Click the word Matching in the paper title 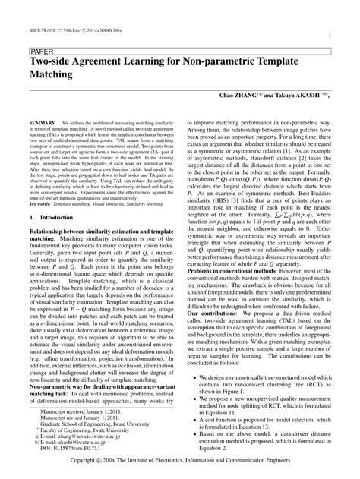tap(52, 75)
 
